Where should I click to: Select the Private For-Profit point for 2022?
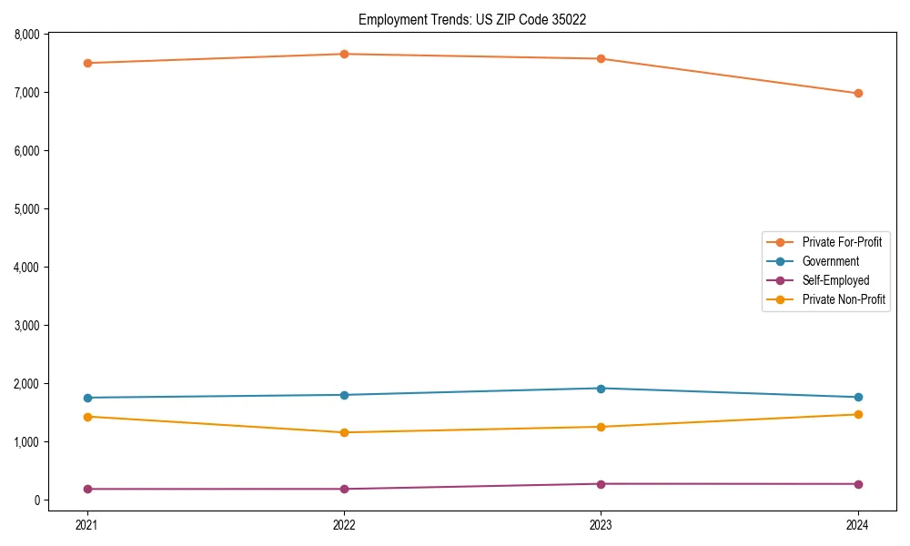pyautogui.click(x=344, y=54)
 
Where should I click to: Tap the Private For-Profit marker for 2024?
pyautogui.click(x=858, y=93)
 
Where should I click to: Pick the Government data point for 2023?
pyautogui.click(x=601, y=389)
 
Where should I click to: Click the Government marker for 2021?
pyautogui.click(x=87, y=398)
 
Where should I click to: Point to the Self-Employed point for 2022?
pyautogui.click(x=344, y=489)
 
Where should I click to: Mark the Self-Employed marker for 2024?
pyautogui.click(x=858, y=484)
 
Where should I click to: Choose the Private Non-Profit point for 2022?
pyautogui.click(x=344, y=432)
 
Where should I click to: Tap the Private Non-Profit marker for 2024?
pyautogui.click(x=858, y=414)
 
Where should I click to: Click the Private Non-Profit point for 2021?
pyautogui.click(x=87, y=417)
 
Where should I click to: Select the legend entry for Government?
pyautogui.click(x=830, y=261)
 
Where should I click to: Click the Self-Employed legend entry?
pyautogui.click(x=835, y=280)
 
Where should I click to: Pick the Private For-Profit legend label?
pyautogui.click(x=841, y=242)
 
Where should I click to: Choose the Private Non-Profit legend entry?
pyautogui.click(x=844, y=299)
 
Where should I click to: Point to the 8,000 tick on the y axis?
pyautogui.click(x=28, y=35)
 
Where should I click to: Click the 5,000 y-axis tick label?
pyautogui.click(x=28, y=209)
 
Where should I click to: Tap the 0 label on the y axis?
pyautogui.click(x=39, y=500)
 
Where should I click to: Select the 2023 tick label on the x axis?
pyautogui.click(x=601, y=524)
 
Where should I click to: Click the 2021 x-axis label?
pyautogui.click(x=87, y=524)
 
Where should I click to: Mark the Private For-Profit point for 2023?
pyautogui.click(x=601, y=59)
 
